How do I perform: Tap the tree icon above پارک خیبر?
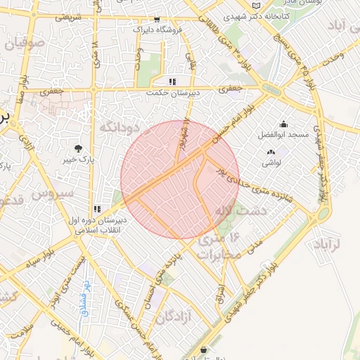click(x=78, y=148)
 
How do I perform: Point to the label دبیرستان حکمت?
click(x=174, y=93)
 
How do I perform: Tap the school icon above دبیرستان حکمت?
click(x=174, y=82)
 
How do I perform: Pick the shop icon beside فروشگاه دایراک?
click(x=156, y=20)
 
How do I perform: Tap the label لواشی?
click(x=271, y=162)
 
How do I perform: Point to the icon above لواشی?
click(x=271, y=152)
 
